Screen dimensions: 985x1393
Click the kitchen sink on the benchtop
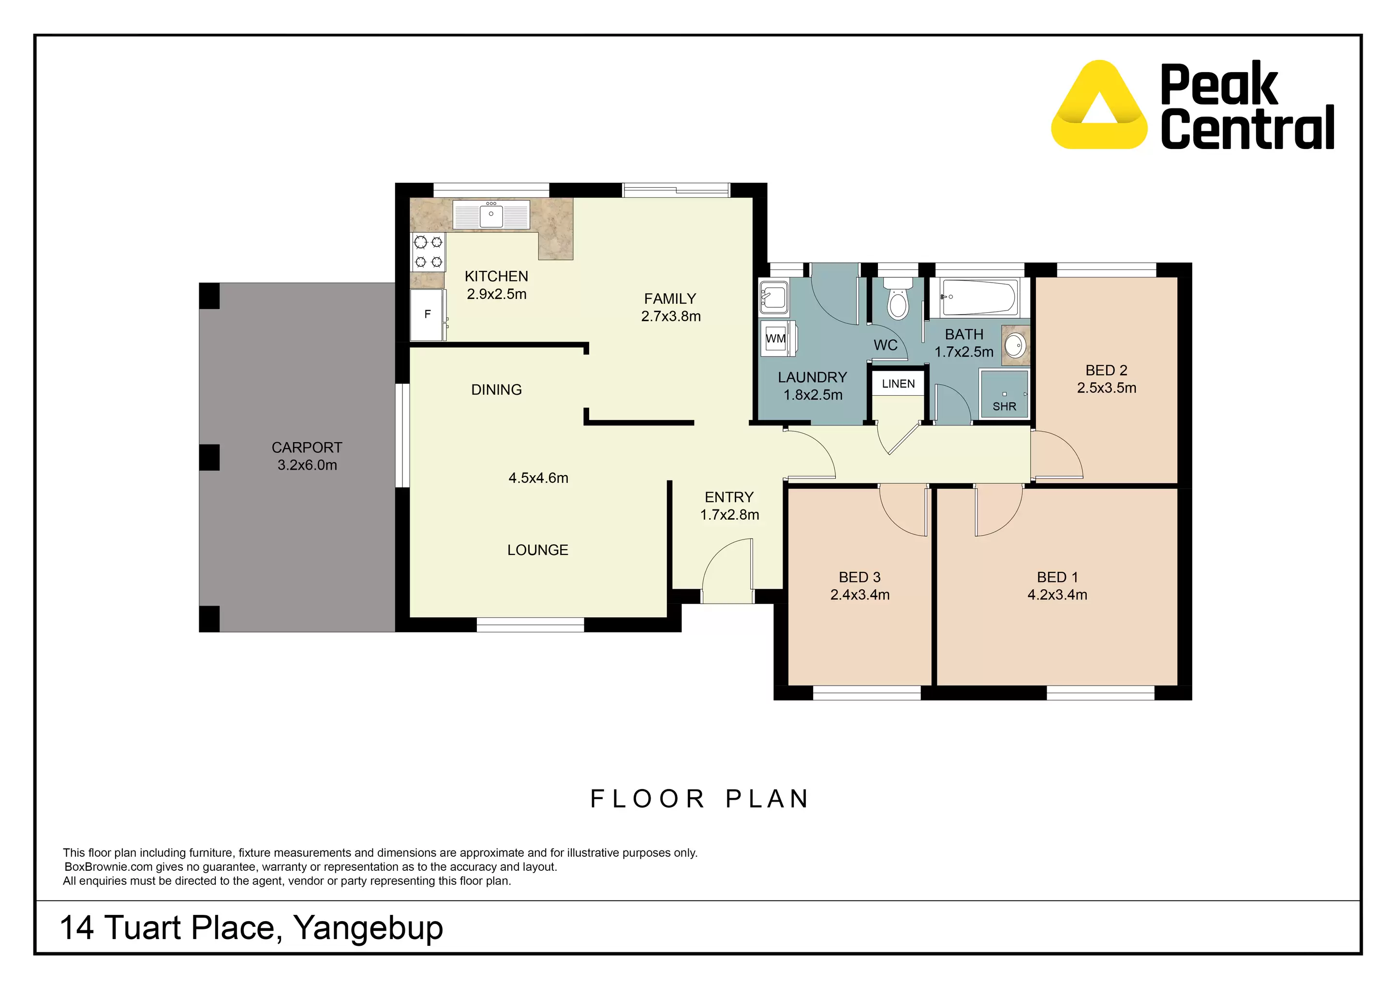pyautogui.click(x=491, y=215)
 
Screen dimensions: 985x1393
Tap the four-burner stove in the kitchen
pyautogui.click(x=429, y=252)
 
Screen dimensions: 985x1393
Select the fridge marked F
pyautogui.click(x=428, y=314)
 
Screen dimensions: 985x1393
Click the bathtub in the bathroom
pyautogui.click(x=978, y=298)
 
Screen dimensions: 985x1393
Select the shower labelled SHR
pyautogui.click(x=1004, y=394)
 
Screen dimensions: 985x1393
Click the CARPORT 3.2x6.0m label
pyautogui.click(x=307, y=456)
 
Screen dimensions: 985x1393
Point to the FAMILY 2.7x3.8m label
pyautogui.click(x=670, y=308)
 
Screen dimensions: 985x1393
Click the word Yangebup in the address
pyautogui.click(x=368, y=927)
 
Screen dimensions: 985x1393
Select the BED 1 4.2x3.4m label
pyautogui.click(x=1057, y=586)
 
